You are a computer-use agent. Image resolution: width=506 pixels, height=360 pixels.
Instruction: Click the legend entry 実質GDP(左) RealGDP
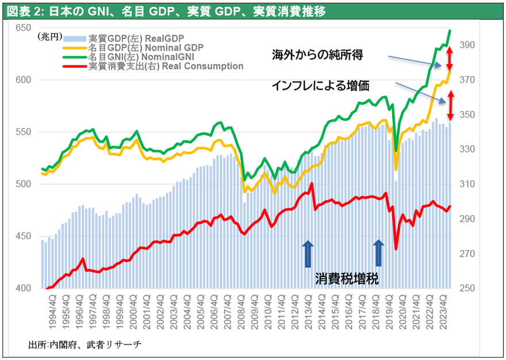coord(135,37)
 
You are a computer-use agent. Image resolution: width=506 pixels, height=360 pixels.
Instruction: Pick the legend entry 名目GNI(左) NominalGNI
coord(141,57)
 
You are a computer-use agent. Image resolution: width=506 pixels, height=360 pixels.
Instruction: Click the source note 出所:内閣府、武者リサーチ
coord(85,344)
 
